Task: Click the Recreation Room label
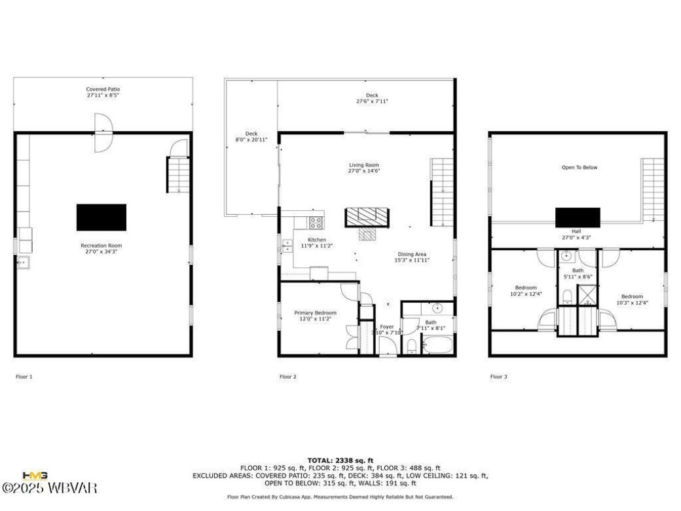click(103, 248)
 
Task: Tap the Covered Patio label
click(103, 92)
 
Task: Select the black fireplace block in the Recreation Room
click(101, 218)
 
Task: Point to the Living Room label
click(363, 168)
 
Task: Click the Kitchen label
click(317, 242)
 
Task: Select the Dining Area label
click(413, 257)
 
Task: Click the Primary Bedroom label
click(316, 316)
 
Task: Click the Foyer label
click(387, 330)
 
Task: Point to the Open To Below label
click(580, 168)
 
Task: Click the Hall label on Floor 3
click(576, 235)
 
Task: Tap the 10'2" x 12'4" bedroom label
click(526, 291)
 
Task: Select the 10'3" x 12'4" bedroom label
click(633, 299)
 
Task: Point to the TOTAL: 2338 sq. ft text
click(340, 461)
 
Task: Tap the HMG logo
click(33, 476)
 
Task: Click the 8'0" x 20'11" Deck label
click(251, 136)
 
